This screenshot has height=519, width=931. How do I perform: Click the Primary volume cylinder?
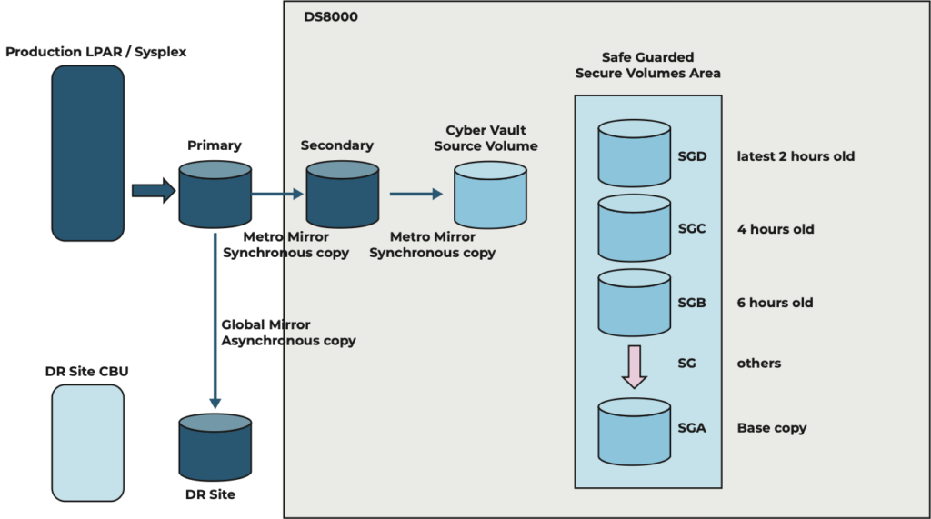coord(215,195)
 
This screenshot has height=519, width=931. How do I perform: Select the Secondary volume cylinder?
coord(342,195)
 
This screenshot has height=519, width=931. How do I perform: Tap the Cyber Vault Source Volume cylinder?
coord(490,195)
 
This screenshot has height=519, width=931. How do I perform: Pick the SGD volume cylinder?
coord(635,156)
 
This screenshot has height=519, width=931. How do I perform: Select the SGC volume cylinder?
coord(635,229)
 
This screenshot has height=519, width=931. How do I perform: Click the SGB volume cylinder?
coord(635,303)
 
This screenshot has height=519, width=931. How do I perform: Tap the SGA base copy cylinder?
coord(635,429)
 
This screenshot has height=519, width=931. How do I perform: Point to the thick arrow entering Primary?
coord(153,191)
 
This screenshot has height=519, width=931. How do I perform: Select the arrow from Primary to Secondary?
coord(277,194)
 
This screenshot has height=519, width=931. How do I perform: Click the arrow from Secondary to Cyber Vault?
coord(415,194)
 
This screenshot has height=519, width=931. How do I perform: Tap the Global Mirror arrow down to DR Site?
coord(215,318)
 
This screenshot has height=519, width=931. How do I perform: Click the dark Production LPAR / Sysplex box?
coord(87,153)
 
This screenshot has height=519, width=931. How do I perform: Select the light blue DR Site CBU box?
coord(87,443)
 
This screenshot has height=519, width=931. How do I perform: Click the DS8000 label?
coord(330,16)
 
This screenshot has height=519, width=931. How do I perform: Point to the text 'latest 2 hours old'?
coord(796,156)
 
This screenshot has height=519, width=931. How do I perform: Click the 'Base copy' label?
coord(771,428)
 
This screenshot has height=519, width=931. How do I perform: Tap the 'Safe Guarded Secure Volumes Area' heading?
coord(647,65)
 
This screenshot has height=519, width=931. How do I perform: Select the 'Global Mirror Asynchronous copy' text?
coord(288,333)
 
